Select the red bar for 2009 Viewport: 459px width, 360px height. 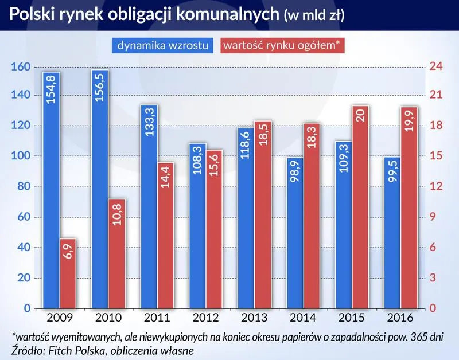tap(68, 273)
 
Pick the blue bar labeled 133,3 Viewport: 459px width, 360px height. tap(149, 207)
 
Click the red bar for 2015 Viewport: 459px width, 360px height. tap(360, 207)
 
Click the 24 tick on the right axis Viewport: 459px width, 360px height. tap(436, 67)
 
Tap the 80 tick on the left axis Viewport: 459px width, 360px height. tap(23, 187)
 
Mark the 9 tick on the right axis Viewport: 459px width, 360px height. tap(433, 217)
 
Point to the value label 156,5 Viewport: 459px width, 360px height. tap(100, 87)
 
